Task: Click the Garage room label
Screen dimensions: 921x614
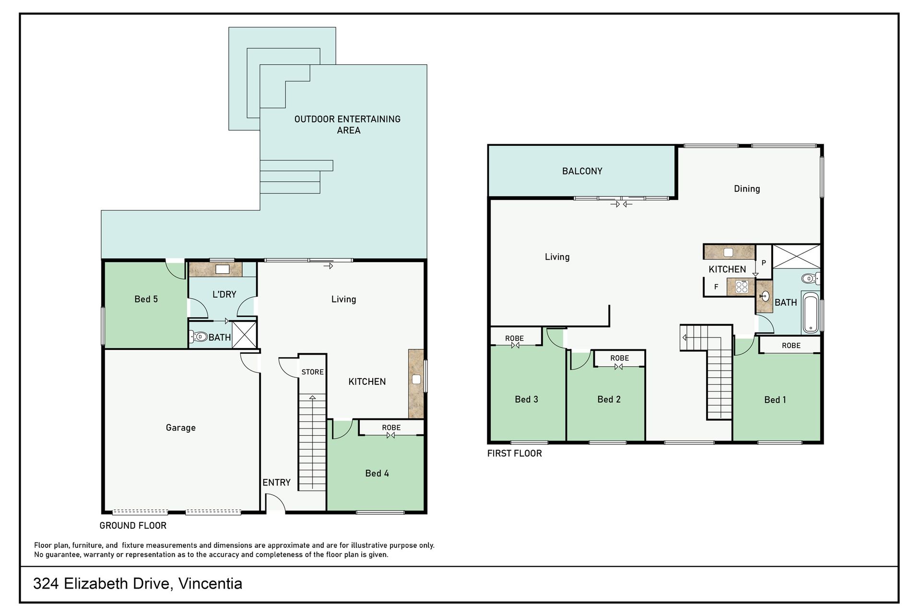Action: (x=180, y=428)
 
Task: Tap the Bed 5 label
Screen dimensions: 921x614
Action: (x=146, y=299)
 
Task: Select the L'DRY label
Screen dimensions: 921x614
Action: (x=224, y=294)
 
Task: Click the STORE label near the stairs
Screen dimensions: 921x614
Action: (x=312, y=372)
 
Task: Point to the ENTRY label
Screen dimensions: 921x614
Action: (x=276, y=483)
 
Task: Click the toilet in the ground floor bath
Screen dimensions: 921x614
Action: (x=199, y=337)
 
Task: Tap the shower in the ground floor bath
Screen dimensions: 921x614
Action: (x=245, y=334)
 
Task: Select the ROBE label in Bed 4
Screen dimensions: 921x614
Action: (x=391, y=428)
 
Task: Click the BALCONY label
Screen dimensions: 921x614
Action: (x=582, y=171)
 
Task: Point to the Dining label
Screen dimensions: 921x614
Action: (x=747, y=189)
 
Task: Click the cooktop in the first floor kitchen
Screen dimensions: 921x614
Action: (x=742, y=287)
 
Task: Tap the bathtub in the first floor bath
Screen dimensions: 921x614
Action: (x=810, y=313)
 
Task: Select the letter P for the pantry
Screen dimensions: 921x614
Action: (x=764, y=263)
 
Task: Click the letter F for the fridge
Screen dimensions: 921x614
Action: (x=716, y=287)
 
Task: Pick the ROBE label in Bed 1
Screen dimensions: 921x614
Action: (x=791, y=346)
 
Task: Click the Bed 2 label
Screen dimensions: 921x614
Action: (x=609, y=399)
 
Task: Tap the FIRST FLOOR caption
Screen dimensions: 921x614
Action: (x=514, y=453)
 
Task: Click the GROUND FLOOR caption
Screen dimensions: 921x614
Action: (x=133, y=526)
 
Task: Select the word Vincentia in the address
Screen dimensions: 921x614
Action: (x=210, y=584)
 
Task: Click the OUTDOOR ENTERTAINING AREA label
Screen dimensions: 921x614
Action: (x=347, y=125)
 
